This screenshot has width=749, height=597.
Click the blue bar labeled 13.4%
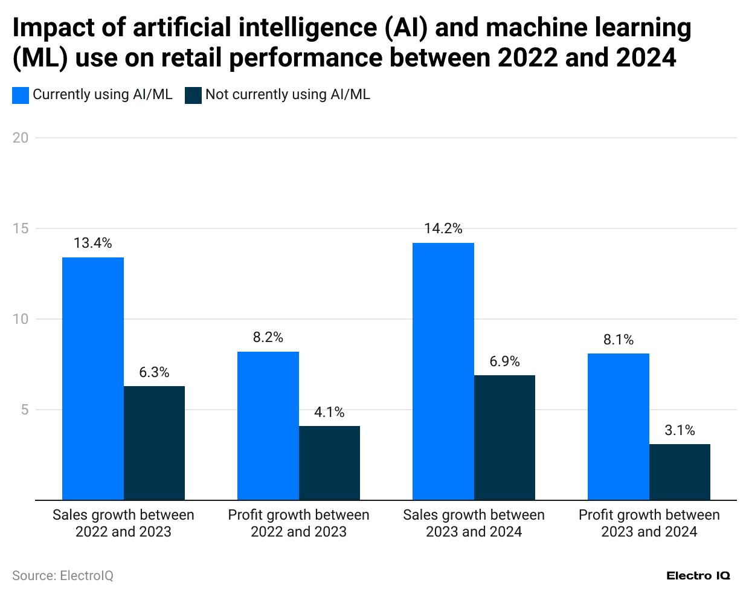tap(93, 379)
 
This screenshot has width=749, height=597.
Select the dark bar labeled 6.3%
tap(154, 443)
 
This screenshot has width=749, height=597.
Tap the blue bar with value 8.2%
tap(268, 426)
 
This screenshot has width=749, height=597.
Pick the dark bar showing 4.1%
tap(329, 463)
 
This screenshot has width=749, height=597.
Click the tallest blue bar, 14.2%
tap(443, 372)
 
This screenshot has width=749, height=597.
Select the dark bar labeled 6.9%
tap(504, 437)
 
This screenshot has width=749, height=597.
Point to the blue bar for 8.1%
tap(619, 427)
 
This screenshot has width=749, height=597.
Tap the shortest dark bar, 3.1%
tap(680, 472)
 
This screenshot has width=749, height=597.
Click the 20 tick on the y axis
tap(21, 138)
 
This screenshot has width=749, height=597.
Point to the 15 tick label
tap(21, 228)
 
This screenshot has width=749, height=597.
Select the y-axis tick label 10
tap(21, 319)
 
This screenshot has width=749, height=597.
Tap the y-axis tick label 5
tap(24, 410)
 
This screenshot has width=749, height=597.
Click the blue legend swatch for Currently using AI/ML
tap(21, 95)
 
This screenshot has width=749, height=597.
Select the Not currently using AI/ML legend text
tap(288, 95)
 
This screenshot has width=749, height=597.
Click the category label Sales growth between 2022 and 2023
tap(123, 523)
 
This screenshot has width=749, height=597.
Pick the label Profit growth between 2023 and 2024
tap(649, 523)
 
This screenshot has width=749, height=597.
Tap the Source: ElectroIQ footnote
tap(63, 576)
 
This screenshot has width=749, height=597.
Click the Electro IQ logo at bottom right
tap(698, 576)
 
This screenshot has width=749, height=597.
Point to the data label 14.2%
tap(443, 228)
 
